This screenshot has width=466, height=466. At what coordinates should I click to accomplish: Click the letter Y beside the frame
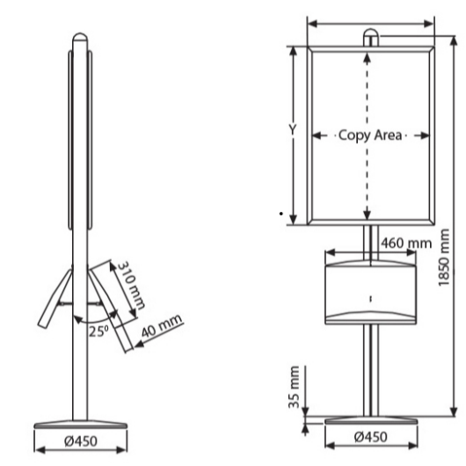(295, 130)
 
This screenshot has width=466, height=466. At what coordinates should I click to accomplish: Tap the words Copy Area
(370, 135)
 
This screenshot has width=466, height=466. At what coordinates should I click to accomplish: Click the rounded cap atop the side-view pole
(80, 40)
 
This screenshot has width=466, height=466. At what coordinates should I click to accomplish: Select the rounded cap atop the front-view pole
(371, 35)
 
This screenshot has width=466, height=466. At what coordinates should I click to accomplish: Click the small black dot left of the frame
(280, 214)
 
